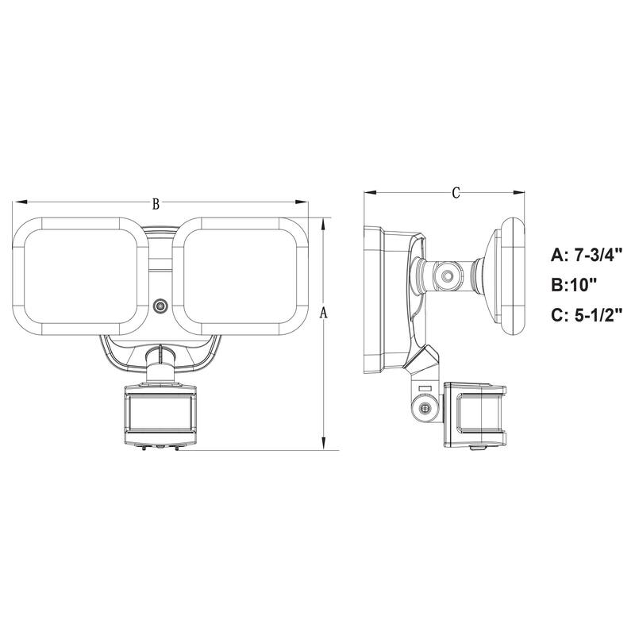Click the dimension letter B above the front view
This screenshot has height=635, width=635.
[x=156, y=204]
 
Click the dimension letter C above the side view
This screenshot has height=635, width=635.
[x=456, y=193]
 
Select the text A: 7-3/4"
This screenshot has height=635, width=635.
[x=587, y=255]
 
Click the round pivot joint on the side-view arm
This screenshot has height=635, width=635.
[x=447, y=278]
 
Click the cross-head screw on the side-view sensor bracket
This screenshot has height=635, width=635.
[x=427, y=408]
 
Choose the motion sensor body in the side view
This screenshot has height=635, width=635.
[x=474, y=415]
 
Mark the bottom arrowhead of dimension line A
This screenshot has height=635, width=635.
[x=323, y=446]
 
